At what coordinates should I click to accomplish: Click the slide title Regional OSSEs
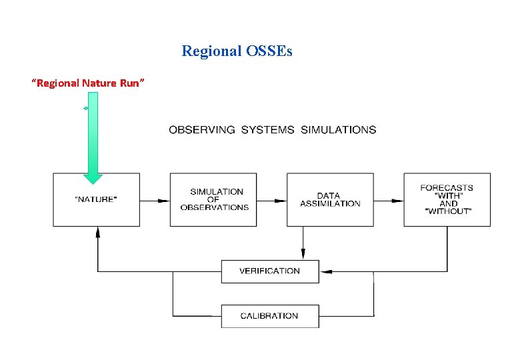click(x=237, y=51)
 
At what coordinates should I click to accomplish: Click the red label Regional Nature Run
click(x=89, y=83)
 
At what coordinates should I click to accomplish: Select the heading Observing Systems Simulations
click(x=272, y=130)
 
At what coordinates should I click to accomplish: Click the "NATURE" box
click(x=97, y=199)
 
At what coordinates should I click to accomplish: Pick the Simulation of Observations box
click(x=213, y=199)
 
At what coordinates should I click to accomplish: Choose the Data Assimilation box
click(x=330, y=199)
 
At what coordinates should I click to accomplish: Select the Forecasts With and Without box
click(x=447, y=199)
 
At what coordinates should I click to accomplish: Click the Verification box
click(x=270, y=271)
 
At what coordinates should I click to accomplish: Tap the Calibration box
click(x=270, y=316)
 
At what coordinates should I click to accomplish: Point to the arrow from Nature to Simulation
click(x=155, y=199)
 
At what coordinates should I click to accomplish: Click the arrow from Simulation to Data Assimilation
click(x=271, y=199)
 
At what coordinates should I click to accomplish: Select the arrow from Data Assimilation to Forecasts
click(x=388, y=199)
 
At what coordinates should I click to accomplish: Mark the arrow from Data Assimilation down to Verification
click(x=303, y=243)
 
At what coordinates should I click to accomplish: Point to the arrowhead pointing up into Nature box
click(x=97, y=231)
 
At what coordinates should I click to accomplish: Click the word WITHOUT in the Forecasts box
click(x=447, y=212)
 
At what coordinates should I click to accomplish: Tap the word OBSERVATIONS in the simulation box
click(x=214, y=207)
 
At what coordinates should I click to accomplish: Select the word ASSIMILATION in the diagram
click(x=330, y=203)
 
